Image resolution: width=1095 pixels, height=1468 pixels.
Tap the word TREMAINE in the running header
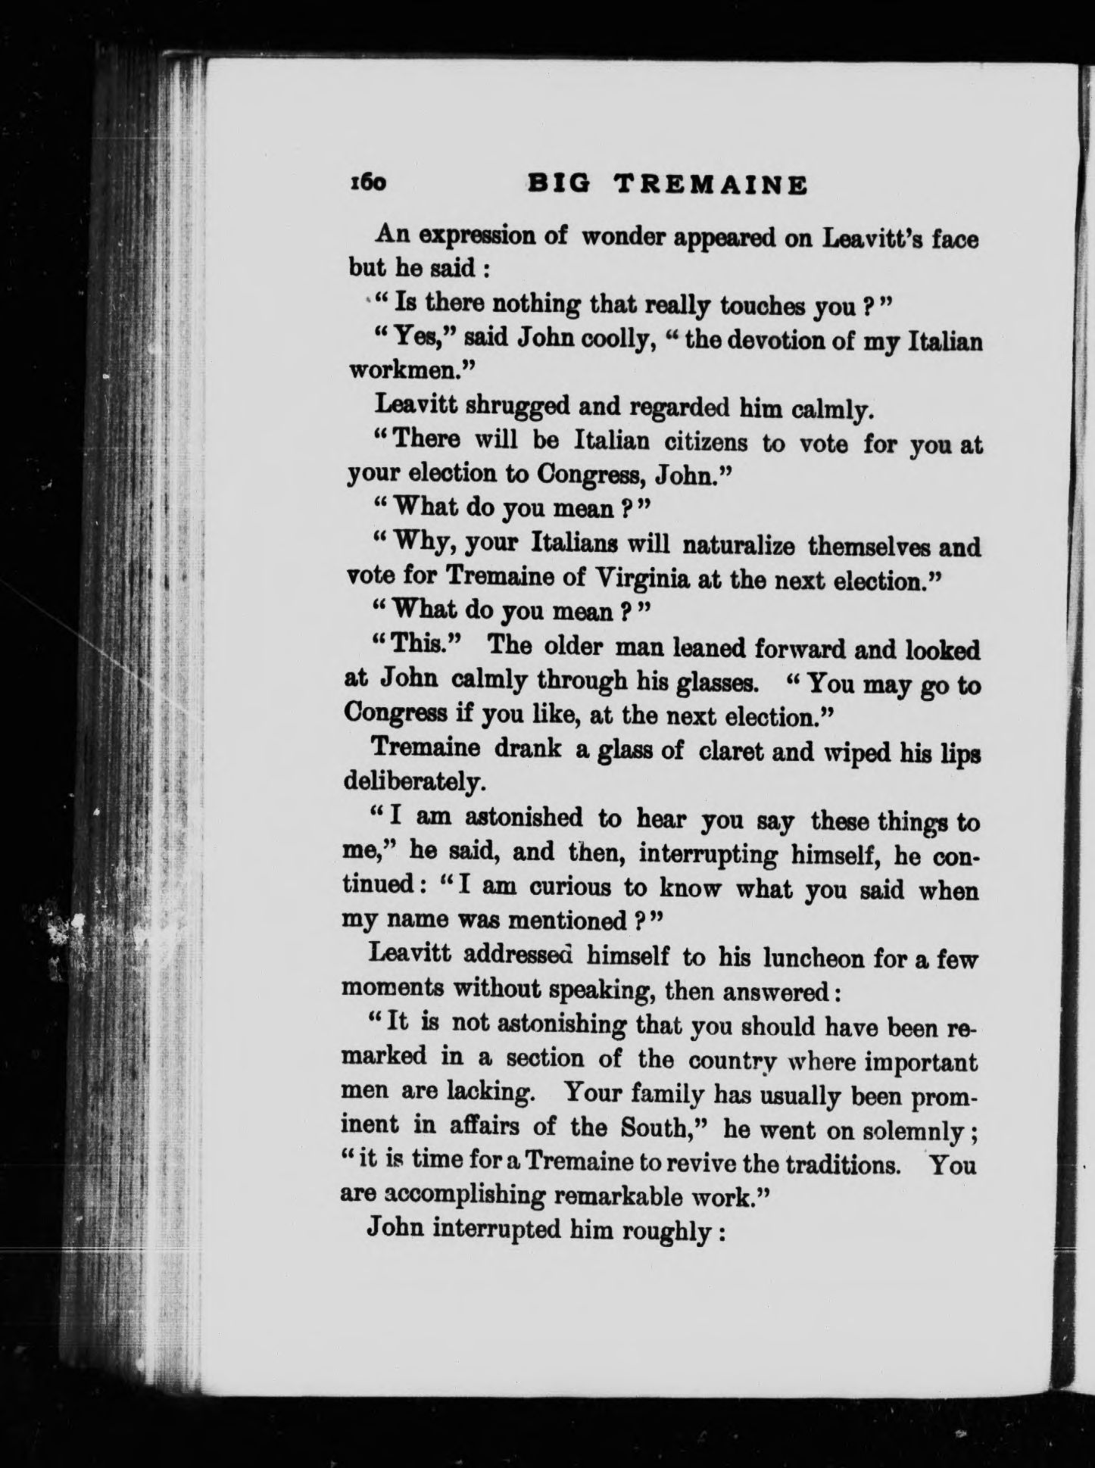pos(710,185)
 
